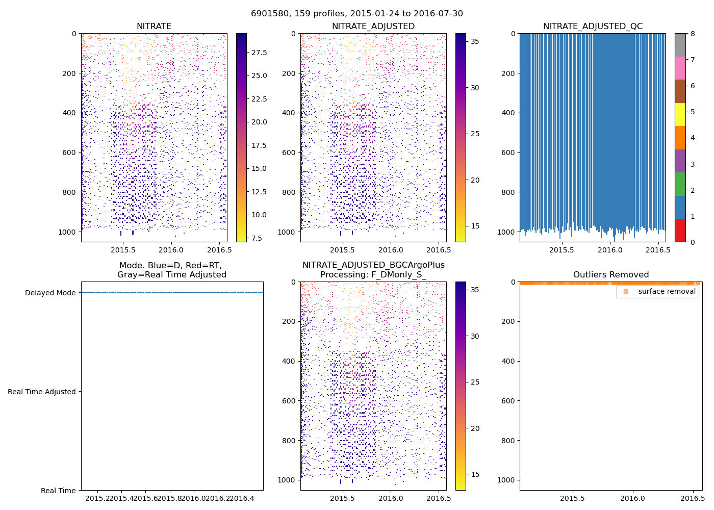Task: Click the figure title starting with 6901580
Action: click(356, 14)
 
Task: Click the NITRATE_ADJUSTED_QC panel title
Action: click(593, 27)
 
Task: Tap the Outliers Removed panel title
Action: click(610, 275)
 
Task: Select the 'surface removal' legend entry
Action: click(667, 292)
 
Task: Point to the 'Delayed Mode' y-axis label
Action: click(50, 293)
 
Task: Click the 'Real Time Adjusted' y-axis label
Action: click(41, 392)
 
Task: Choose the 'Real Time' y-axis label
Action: click(58, 491)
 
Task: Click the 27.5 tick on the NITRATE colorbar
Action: click(259, 53)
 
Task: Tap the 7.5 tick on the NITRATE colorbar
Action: click(257, 238)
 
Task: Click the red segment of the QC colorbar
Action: click(680, 230)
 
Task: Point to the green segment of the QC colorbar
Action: click(680, 184)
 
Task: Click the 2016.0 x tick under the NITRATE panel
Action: click(171, 250)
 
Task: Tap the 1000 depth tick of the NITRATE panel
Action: click(67, 232)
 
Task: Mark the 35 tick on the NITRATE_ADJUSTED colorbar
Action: click(475, 41)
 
